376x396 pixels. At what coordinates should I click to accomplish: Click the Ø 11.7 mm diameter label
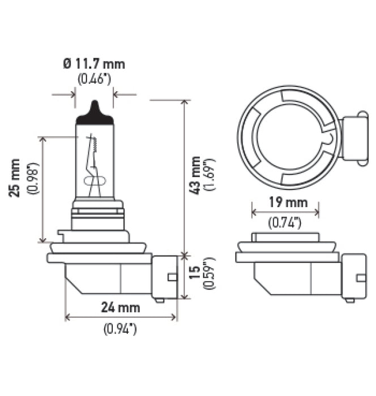[x=95, y=63]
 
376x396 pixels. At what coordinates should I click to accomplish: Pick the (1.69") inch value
[x=212, y=175]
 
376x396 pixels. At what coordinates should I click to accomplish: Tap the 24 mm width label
[x=120, y=308]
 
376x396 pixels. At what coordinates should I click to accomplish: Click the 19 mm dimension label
[x=285, y=201]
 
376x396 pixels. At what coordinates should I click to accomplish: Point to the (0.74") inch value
[x=285, y=223]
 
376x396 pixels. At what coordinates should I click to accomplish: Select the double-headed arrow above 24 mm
[x=121, y=317]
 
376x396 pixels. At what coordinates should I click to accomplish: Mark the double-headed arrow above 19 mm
[x=285, y=213]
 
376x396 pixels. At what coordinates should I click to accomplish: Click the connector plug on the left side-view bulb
[x=165, y=277]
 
